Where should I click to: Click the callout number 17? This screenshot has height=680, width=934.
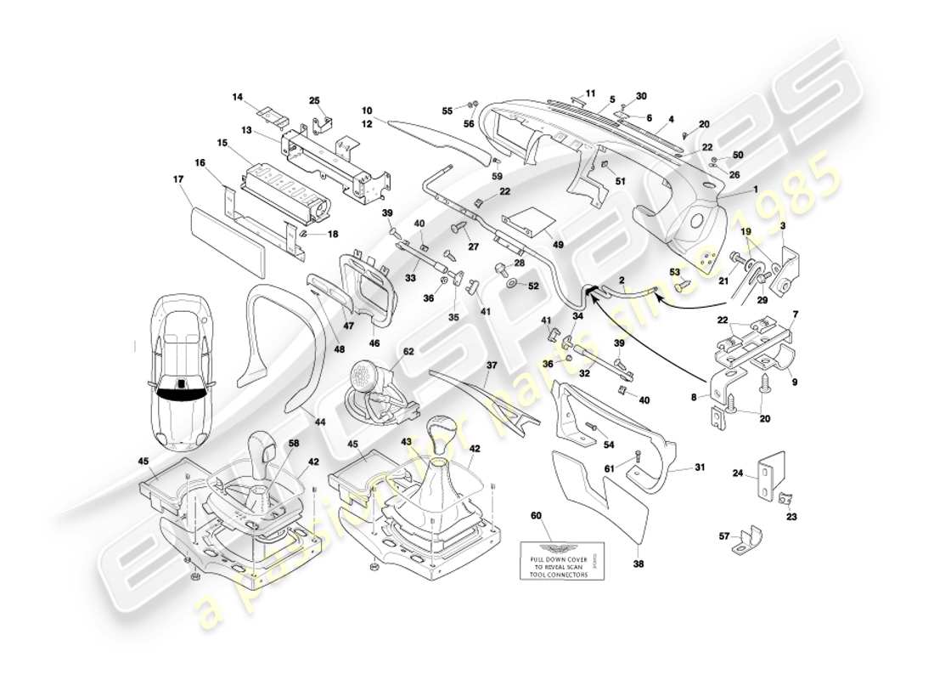pos(178,179)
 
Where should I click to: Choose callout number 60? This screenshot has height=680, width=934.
pos(536,515)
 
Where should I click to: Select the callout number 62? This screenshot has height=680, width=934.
pos(408,350)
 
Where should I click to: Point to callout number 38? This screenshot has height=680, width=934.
pos(638,563)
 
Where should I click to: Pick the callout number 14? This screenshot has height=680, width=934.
pos(237,98)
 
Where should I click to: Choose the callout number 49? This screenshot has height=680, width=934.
pos(558,245)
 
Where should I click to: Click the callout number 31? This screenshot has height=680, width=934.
pos(700,467)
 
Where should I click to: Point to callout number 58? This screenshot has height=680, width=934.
pos(293,443)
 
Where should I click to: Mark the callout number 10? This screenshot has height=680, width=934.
pos(367,110)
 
